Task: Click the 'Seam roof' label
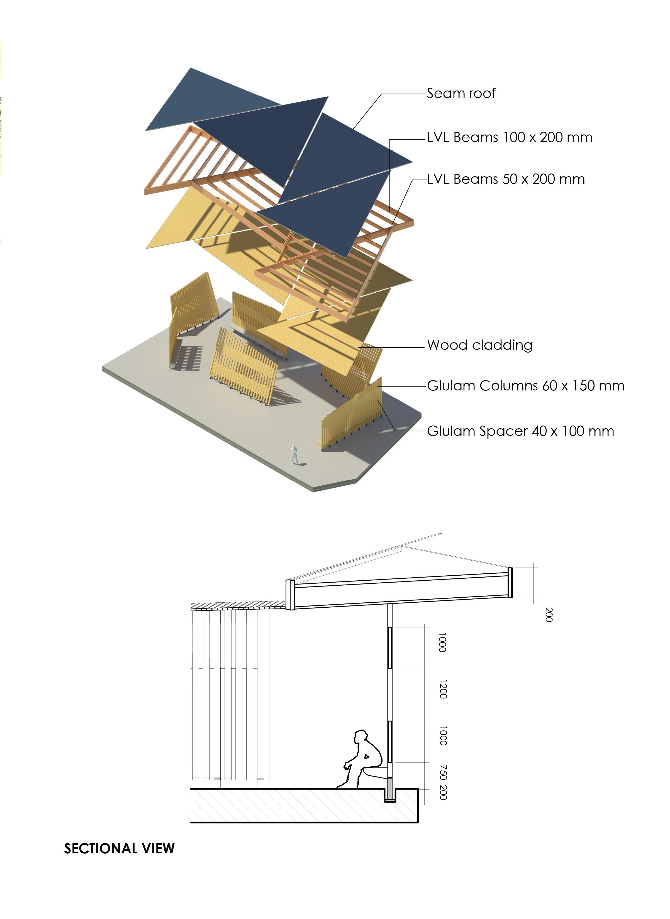click(x=461, y=94)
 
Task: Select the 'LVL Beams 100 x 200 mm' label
click(x=509, y=138)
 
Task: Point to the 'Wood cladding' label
click(x=479, y=345)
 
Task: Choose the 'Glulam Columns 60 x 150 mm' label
click(x=526, y=386)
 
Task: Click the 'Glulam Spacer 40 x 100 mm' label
click(x=520, y=431)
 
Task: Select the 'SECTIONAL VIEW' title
click(x=119, y=849)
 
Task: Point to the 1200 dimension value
click(x=443, y=690)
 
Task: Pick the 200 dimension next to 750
click(x=443, y=793)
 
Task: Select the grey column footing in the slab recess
click(x=390, y=789)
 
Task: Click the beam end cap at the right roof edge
click(x=510, y=583)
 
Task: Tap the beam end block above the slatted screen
click(x=289, y=595)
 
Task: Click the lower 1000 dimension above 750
click(x=443, y=736)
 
